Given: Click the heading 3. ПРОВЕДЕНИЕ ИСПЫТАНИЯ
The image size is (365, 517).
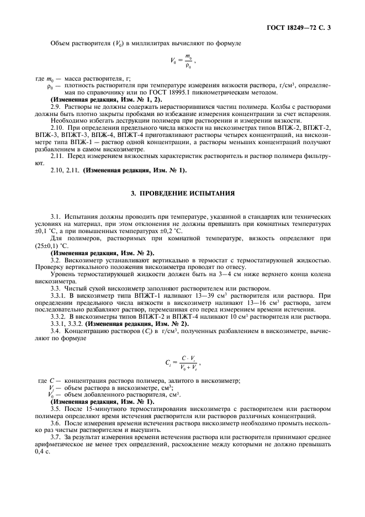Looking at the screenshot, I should coord(182,194).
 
